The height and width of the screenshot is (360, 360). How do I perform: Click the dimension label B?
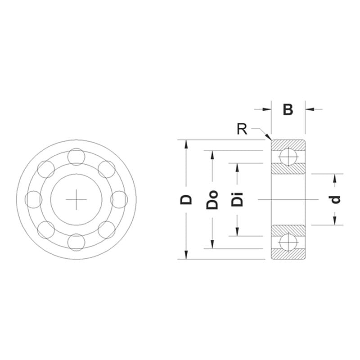(288, 109)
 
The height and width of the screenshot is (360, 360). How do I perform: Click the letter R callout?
(242, 130)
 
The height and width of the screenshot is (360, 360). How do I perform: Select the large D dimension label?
(186, 199)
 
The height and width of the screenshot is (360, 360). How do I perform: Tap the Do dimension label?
(212, 200)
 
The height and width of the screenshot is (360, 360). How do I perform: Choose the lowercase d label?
(335, 199)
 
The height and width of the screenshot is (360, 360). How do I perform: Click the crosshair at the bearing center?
(76, 199)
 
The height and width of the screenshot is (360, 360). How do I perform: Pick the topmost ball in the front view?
(76, 157)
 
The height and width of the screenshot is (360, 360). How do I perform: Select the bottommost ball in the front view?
(76, 242)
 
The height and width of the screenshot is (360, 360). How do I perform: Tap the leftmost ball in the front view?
(34, 199)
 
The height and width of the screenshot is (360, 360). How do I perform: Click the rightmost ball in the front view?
(119, 199)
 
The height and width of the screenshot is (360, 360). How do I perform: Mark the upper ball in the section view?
(288, 157)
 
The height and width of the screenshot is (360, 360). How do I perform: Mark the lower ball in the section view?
(288, 242)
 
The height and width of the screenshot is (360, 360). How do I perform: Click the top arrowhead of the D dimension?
(186, 143)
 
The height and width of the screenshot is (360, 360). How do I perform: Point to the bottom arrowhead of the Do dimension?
(212, 245)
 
